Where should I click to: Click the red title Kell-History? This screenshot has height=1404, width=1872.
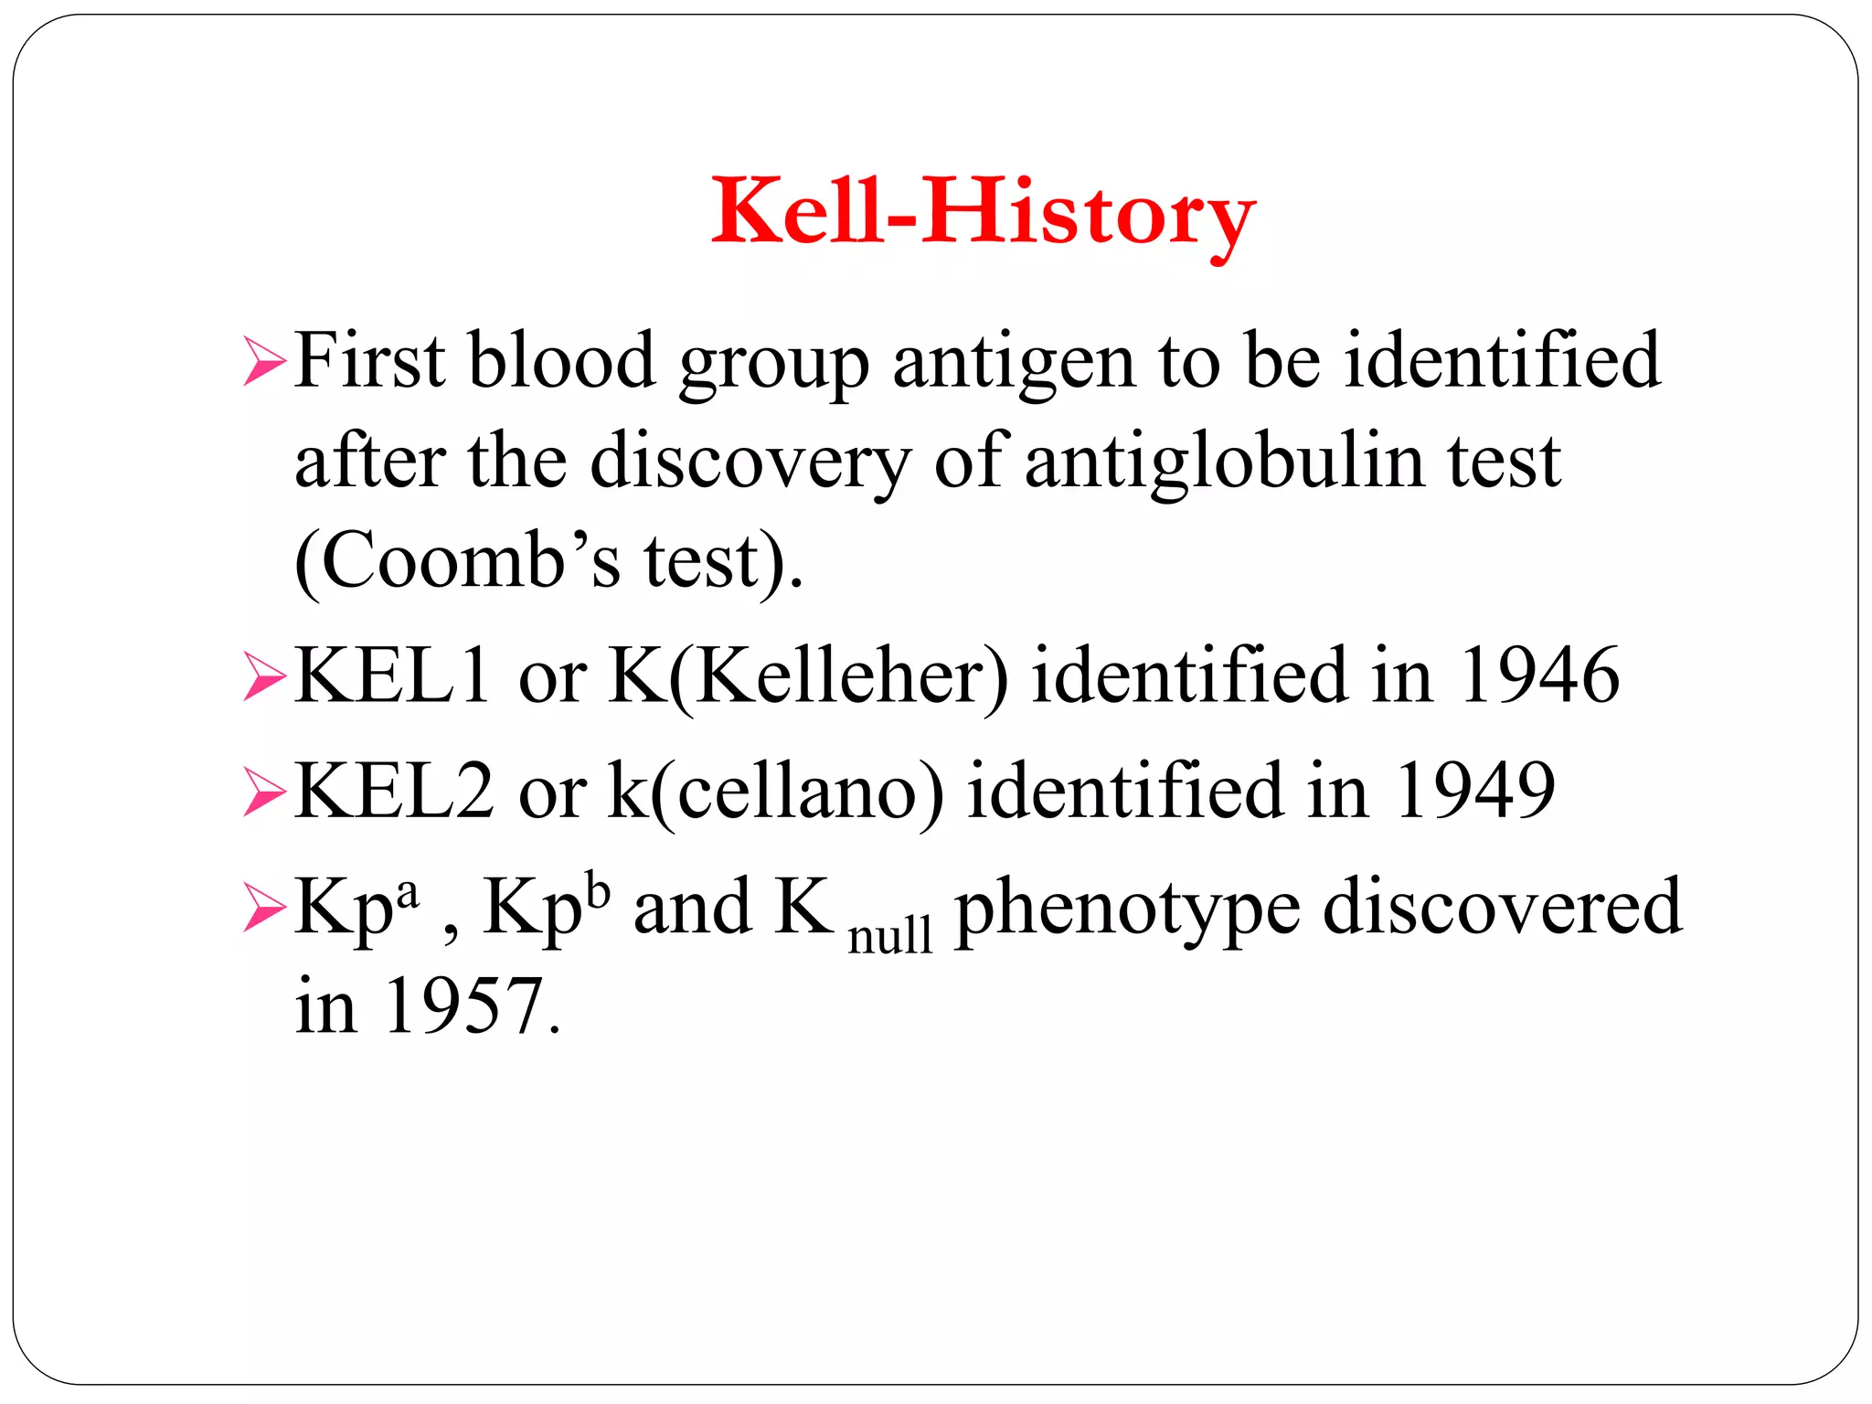[x=984, y=212]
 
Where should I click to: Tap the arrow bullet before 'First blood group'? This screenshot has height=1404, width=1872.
[x=265, y=362]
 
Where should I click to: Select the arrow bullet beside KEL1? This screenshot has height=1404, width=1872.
[x=265, y=679]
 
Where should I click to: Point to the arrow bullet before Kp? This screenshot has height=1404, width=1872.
[x=265, y=909]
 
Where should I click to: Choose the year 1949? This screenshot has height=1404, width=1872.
[x=1474, y=790]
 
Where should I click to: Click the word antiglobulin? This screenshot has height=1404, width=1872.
[x=1224, y=461]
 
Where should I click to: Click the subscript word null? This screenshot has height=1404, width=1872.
[x=890, y=935]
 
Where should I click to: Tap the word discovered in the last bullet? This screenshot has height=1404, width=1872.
[x=1502, y=907]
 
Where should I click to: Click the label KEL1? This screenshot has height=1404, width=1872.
[x=393, y=676]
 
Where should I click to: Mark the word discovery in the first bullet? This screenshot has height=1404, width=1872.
[x=750, y=463]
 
